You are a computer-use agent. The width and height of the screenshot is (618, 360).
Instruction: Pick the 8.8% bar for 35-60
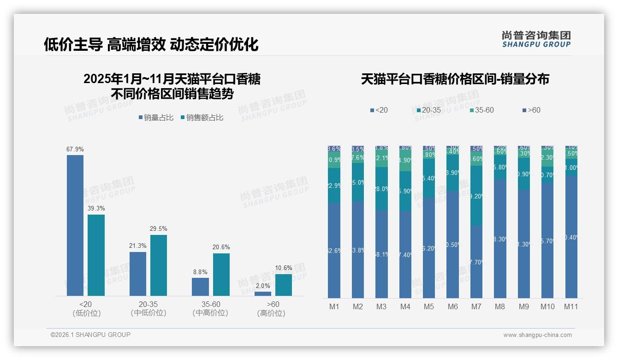point(200,287)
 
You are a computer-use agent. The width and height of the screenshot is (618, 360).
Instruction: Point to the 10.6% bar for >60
point(284,285)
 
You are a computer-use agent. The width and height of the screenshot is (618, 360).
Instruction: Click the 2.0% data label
point(263,286)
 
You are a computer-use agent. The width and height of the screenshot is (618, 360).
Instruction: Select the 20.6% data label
point(221,247)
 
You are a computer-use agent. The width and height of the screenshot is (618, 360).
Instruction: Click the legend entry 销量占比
point(155,118)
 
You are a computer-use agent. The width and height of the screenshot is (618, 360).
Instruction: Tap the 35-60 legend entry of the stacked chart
point(481,110)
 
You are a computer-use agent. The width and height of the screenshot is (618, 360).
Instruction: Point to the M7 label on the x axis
point(476,306)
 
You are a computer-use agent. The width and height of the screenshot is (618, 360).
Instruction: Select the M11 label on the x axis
point(571,306)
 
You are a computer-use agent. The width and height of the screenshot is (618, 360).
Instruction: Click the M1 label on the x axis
point(334,306)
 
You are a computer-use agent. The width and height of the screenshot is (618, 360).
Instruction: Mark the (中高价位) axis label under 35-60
point(210,313)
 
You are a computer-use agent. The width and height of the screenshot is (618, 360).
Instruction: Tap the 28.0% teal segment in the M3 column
point(381,189)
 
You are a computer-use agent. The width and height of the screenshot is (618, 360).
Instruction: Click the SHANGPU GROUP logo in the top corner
point(536,39)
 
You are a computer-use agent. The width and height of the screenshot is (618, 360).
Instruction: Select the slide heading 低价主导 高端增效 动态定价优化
point(151,44)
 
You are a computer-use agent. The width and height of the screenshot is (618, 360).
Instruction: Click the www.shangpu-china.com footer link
point(537,335)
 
